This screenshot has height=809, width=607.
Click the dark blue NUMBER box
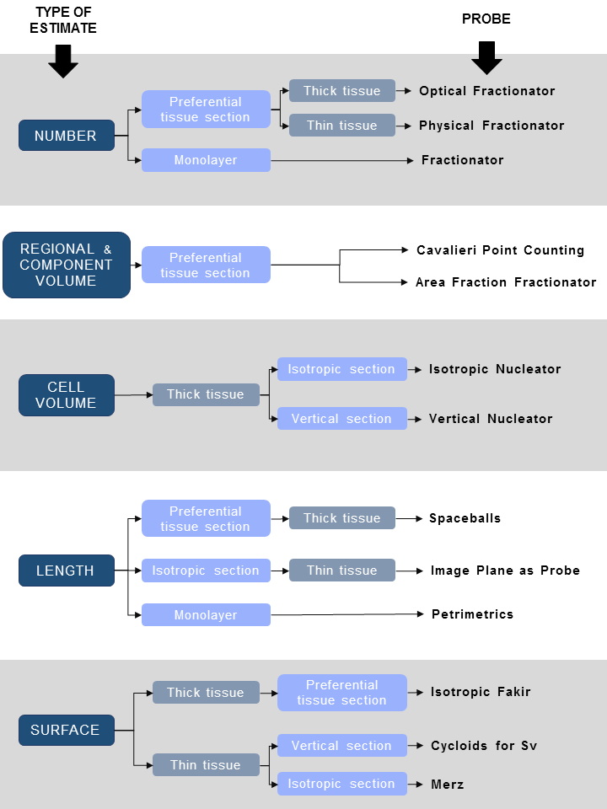pos(66,136)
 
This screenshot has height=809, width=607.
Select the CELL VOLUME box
pos(66,395)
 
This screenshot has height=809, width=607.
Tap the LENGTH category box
pos(66,571)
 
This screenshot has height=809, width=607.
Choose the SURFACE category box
pos(66,730)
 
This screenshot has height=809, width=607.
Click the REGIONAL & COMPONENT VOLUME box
pos(67,265)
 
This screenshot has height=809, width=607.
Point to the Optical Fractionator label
pos(486,91)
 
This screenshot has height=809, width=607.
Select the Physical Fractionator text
pos(491,126)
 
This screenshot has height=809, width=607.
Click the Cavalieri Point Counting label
pos(500,250)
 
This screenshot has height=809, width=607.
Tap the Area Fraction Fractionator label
pos(505,282)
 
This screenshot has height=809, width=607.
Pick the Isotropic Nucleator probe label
pos(494,369)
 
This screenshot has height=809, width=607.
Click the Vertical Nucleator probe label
pos(490,419)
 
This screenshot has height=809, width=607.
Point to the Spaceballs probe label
pos(465,518)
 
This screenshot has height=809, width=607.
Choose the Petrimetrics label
pos(472,614)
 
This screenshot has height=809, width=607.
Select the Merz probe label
pos(447,784)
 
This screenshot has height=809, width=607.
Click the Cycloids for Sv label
pos(483,746)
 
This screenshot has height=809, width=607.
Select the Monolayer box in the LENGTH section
pos(206,615)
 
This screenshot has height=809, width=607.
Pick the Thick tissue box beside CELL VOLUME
pos(206,394)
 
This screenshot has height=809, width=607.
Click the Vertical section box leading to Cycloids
pos(341,746)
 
